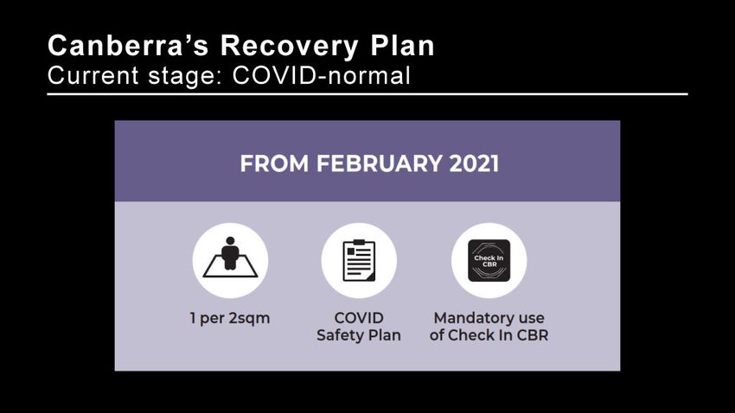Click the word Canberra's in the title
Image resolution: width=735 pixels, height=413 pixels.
pos(128,46)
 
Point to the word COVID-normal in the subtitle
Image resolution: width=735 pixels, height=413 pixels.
pos(322,75)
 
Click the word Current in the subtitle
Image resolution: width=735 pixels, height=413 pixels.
pos(93,75)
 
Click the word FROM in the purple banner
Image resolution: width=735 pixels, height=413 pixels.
pos(274,163)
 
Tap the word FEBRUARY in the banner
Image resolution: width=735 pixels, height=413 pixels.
pos(379,163)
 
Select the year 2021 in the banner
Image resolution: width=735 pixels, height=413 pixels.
pos(474,163)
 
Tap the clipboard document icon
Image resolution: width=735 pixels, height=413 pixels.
pos(359,260)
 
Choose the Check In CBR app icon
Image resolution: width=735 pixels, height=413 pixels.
pos(489,260)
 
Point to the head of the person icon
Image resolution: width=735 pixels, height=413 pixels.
pos(230,241)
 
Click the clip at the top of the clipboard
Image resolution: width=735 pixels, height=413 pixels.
pos(359,242)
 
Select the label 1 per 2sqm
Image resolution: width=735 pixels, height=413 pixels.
pos(230,319)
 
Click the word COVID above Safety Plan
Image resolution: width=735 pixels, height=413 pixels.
pos(359,318)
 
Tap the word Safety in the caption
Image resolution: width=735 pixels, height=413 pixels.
pos(339,336)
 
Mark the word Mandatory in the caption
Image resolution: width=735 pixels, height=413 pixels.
pos(472,319)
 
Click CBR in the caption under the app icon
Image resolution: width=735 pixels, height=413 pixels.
pos(533,335)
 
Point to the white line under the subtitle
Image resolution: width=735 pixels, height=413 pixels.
pos(367,94)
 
